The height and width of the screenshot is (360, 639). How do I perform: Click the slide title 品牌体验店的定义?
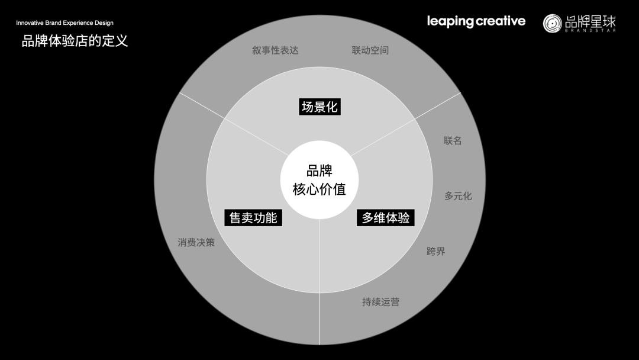pos(75,41)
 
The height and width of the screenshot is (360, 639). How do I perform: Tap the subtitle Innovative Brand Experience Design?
pos(64,23)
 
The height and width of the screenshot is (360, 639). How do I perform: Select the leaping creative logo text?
pos(476,21)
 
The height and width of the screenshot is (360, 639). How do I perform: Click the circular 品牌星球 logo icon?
pos(553,23)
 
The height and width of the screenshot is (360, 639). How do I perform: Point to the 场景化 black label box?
pos(319,107)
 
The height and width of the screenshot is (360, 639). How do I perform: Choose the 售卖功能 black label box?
pos(253,217)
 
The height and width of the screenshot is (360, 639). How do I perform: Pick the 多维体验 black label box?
pos(386,217)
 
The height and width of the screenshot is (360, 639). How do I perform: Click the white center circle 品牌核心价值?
pos(319,180)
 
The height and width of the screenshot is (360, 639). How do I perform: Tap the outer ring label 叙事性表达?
pos(275,50)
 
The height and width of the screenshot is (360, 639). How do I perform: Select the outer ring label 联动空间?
pos(370,50)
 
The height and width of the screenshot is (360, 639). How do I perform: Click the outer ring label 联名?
pos(453,141)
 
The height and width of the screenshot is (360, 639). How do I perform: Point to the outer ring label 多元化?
pos(458,196)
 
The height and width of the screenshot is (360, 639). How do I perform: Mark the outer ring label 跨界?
pos(435,252)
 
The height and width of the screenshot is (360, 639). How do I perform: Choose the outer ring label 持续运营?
pos(380,302)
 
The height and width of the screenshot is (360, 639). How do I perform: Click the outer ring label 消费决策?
pos(196,243)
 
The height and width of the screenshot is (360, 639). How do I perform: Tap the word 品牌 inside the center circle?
pos(319,171)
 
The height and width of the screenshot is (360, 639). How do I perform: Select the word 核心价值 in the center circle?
pos(319,190)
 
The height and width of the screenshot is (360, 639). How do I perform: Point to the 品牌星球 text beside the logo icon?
pos(590,21)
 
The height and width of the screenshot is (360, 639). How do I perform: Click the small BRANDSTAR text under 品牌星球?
pos(590,31)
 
